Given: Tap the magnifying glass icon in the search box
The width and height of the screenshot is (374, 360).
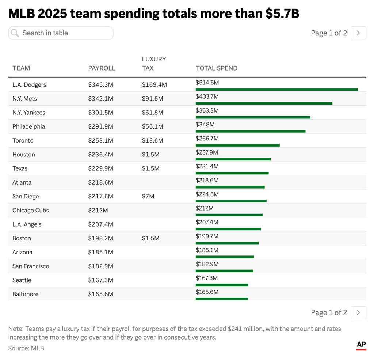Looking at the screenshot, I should (15, 33).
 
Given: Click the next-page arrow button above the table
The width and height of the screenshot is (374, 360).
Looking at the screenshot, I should (358, 33).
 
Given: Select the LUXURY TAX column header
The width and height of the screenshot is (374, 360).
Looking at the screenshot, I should (154, 64).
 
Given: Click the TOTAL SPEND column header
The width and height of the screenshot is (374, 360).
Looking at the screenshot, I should (216, 68).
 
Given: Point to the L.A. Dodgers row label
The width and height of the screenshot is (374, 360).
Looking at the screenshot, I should (29, 85).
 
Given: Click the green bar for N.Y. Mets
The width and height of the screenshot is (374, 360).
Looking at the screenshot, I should (264, 103).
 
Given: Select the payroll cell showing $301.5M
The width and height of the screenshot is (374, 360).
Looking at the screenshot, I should (100, 113).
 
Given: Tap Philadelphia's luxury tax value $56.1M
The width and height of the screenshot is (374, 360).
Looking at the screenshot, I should (152, 126).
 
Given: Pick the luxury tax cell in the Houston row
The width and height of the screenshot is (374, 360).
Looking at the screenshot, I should (150, 155).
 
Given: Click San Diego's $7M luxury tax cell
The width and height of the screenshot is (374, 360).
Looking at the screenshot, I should (148, 196).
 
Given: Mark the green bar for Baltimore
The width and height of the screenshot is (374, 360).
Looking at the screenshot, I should (221, 299).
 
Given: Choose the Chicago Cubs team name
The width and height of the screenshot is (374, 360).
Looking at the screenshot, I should (30, 211).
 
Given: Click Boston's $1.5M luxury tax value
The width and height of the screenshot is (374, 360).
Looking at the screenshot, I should (150, 238).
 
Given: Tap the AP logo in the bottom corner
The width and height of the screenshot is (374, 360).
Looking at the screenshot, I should (361, 345).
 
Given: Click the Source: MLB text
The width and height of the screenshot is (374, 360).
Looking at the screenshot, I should (26, 348).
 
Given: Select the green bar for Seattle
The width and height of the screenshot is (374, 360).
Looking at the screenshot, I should (222, 285).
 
